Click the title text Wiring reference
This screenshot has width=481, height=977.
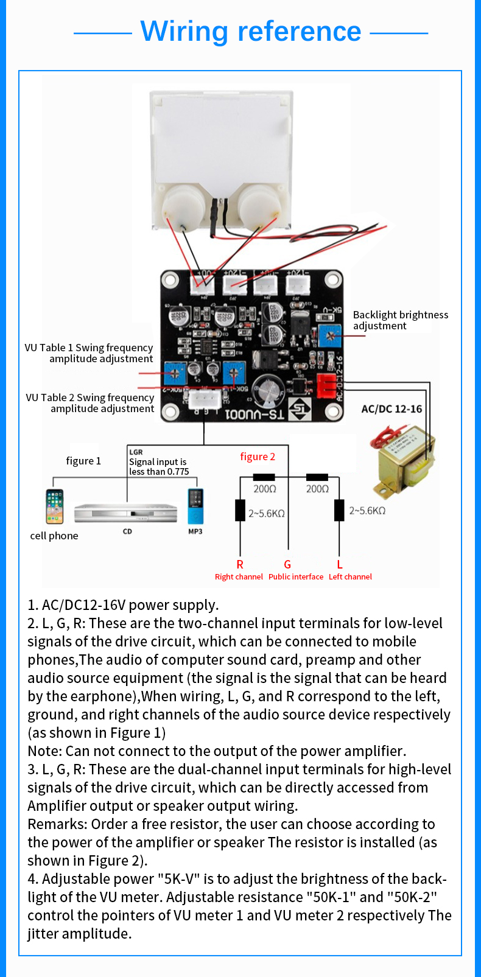251,32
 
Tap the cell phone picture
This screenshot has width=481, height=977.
54,506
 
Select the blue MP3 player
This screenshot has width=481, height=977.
195,506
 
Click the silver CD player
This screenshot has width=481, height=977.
125,513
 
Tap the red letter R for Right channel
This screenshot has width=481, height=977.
240,564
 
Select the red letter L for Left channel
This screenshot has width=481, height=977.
340,564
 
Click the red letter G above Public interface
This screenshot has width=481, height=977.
287,564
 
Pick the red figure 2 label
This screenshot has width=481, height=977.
258,457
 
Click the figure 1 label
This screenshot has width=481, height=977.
83,461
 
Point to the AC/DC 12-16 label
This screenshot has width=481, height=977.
391,409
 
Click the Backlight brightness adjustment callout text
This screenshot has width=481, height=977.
400,320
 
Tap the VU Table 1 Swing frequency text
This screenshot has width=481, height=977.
89,353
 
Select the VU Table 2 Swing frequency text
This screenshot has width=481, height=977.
90,403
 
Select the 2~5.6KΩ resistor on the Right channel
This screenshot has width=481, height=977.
240,511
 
